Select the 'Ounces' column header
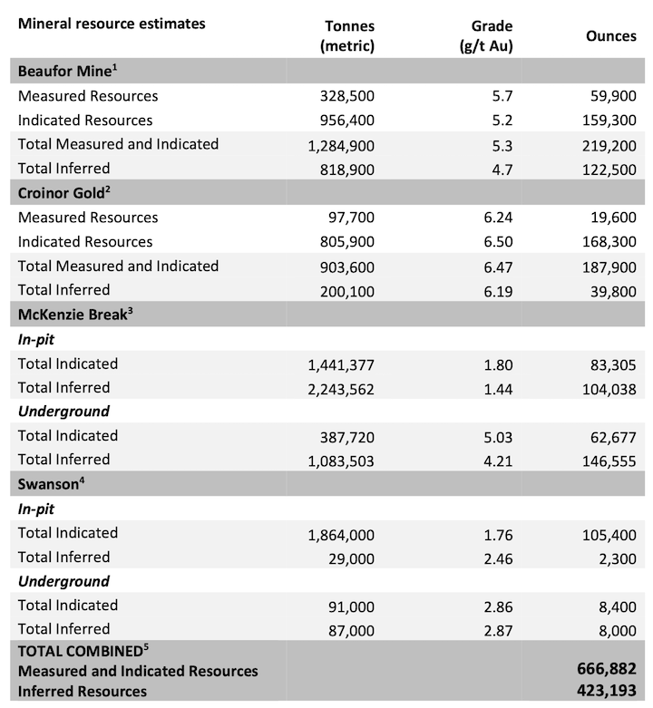click(610, 36)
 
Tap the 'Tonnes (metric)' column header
click(347, 36)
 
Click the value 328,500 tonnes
click(347, 96)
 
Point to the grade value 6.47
click(497, 267)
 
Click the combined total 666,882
click(607, 670)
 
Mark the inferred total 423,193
click(607, 691)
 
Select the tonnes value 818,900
click(347, 169)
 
